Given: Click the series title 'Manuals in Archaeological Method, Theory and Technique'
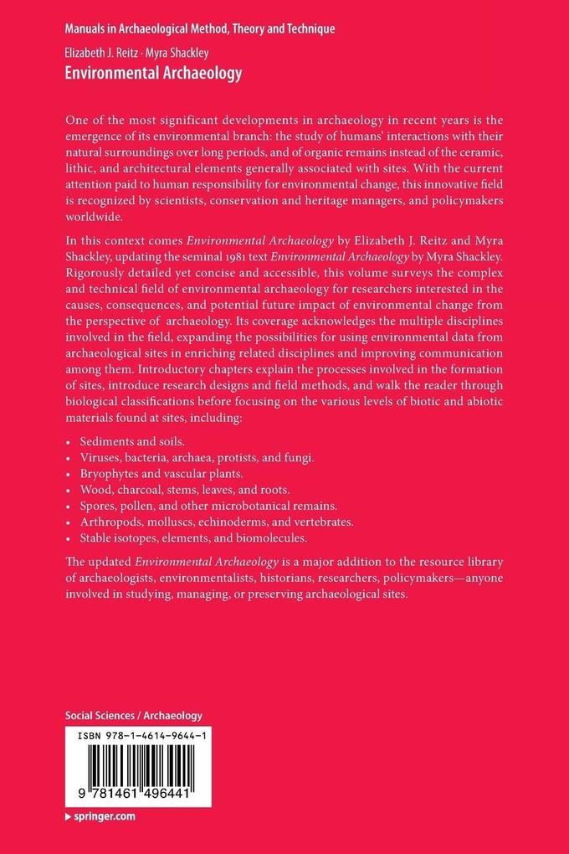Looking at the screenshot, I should [x=199, y=28].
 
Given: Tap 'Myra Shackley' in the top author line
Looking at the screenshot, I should [x=177, y=53].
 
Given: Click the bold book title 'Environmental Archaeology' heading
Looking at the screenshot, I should [x=153, y=74].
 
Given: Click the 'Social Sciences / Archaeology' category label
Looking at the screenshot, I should [x=134, y=716].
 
